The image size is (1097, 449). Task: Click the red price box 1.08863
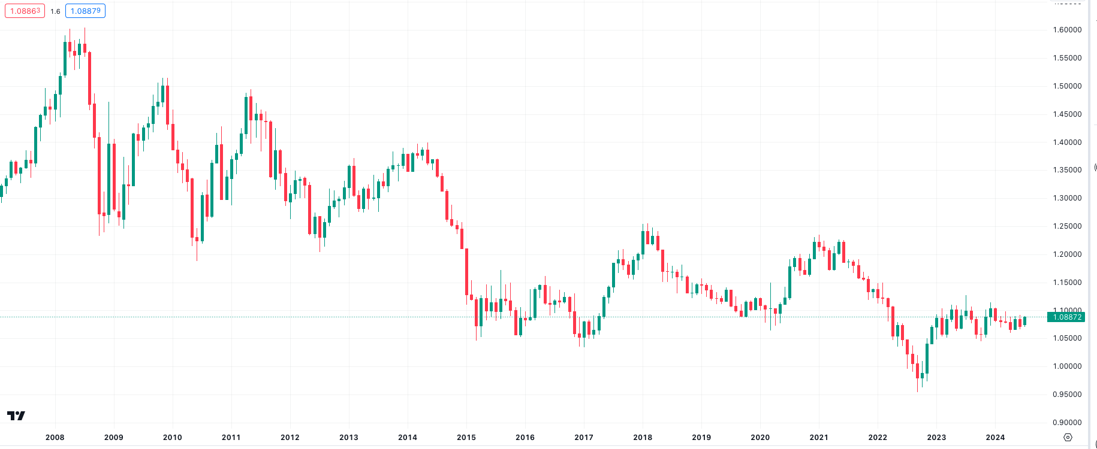25,11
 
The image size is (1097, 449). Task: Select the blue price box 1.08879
85,11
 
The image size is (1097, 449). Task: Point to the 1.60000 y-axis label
1067,30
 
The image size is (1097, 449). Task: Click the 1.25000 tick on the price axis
1067,226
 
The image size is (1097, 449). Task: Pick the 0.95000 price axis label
1067,395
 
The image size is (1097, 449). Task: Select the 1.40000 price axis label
1067,142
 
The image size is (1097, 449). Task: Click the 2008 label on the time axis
55,438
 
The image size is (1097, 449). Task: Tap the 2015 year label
466,438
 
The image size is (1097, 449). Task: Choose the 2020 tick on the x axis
760,438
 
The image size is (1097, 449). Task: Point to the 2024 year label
995,438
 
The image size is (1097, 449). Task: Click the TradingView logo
16,415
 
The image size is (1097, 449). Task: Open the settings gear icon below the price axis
1068,438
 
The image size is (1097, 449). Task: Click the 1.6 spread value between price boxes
55,11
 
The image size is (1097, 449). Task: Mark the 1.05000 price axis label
1067,338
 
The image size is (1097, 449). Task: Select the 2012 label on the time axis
290,438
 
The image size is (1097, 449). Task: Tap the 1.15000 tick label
1067,283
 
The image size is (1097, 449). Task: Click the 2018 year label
643,438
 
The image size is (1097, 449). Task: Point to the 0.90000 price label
1067,423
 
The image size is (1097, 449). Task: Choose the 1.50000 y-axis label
1067,86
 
